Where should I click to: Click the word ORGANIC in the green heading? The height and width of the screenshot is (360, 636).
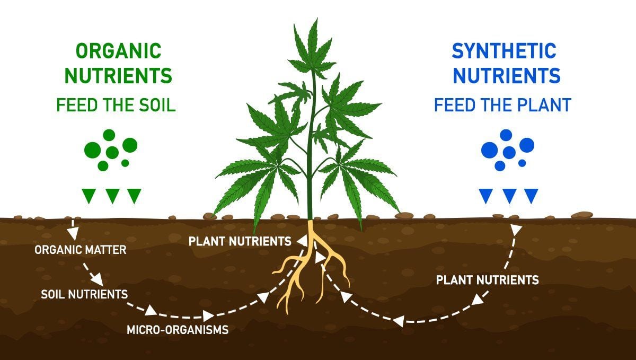coord(118,51)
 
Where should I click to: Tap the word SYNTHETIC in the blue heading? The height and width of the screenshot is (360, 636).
coord(504,51)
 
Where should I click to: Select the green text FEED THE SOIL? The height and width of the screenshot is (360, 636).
coord(116,105)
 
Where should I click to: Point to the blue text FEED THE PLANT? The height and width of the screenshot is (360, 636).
coord(502,105)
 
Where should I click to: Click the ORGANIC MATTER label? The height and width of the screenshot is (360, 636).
coord(81,249)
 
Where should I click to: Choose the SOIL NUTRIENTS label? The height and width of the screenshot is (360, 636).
coord(84,293)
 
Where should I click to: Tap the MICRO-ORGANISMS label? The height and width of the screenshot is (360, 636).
coord(178,330)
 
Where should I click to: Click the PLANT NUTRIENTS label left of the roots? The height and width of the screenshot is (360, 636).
coord(240,241)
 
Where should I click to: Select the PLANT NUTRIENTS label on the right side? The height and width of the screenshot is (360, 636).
coord(487,279)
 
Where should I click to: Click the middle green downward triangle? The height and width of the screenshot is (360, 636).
coord(112,195)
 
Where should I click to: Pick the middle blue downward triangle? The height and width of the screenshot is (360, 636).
coord(509,195)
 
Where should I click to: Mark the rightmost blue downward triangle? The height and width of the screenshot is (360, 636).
coord(531,195)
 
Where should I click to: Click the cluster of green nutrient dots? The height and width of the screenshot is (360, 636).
coord(111,150)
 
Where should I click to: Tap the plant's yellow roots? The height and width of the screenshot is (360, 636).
coord(312,265)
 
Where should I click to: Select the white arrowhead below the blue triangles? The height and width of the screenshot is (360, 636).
coord(516,229)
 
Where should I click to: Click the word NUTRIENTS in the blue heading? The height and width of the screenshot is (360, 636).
coord(506,76)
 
